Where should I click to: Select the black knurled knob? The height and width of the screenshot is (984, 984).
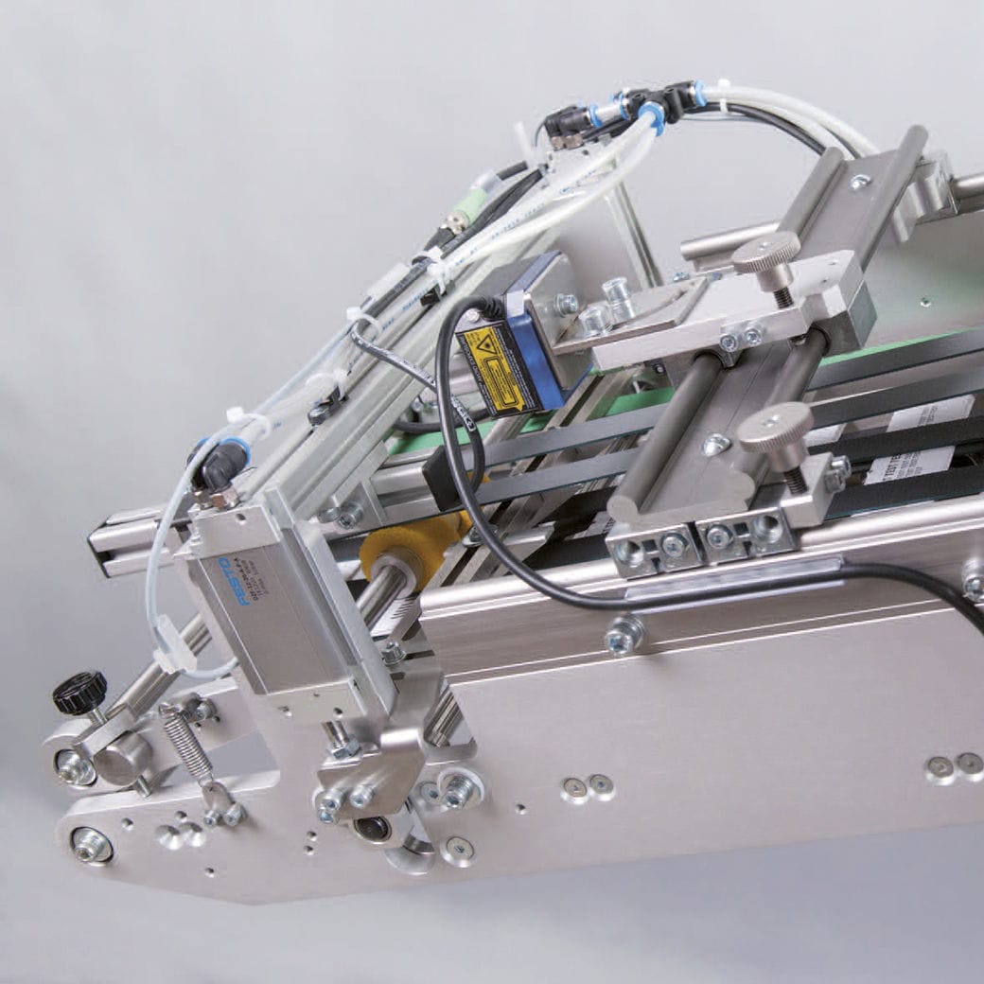pyautogui.click(x=79, y=693)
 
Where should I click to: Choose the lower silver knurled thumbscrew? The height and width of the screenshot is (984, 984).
pyautogui.click(x=775, y=426)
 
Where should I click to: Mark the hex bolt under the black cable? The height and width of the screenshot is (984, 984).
pyautogui.click(x=624, y=635)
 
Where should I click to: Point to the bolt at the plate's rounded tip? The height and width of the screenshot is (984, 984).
pyautogui.click(x=92, y=845)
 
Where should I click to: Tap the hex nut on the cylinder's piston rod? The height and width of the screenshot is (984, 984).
pyautogui.click(x=342, y=743)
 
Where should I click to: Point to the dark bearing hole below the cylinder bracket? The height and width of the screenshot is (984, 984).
pyautogui.click(x=371, y=829)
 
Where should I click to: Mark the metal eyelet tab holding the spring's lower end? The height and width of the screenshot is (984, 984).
pyautogui.click(x=219, y=802)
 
